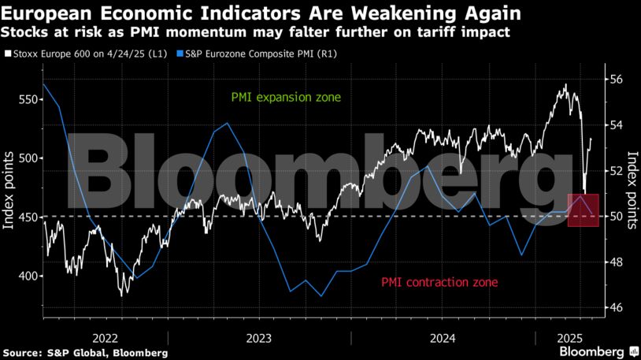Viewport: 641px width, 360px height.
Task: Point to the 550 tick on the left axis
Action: coord(26,100)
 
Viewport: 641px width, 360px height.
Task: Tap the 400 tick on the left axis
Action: coord(26,276)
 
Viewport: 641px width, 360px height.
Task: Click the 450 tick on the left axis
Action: coord(26,217)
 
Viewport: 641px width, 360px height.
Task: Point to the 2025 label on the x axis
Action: coord(570,337)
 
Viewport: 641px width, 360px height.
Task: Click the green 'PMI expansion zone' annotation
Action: coord(286,98)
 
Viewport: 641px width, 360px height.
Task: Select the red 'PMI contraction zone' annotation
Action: coord(439,281)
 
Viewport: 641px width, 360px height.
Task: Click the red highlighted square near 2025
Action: coord(584,210)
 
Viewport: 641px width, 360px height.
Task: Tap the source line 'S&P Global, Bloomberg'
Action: coord(84,352)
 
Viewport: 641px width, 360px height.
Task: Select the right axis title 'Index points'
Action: coord(632,189)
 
